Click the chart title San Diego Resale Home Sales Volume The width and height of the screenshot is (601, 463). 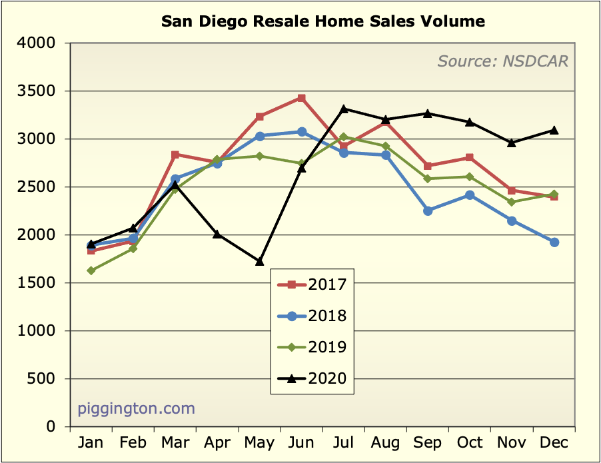click(x=323, y=21)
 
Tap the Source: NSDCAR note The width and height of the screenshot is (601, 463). click(x=503, y=61)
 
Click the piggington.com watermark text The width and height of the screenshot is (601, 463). click(x=137, y=408)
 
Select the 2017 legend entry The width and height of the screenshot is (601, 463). click(x=312, y=284)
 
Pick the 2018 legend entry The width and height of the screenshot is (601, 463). click(x=312, y=316)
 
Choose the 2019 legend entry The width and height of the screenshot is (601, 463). click(x=312, y=347)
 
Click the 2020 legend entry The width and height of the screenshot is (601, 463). click(x=312, y=378)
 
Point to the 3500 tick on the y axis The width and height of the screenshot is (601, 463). click(x=45, y=91)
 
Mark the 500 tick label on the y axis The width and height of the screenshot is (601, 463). click(x=49, y=379)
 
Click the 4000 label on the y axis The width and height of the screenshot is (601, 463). click(x=45, y=43)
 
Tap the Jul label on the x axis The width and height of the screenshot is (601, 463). click(x=344, y=443)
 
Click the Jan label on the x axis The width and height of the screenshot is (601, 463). click(x=91, y=443)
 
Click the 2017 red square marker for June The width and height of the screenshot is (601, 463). click(x=302, y=98)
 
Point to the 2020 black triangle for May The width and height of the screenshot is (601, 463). click(x=259, y=261)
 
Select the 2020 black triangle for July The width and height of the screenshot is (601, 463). click(x=344, y=109)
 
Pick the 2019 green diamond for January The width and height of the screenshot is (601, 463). click(x=91, y=270)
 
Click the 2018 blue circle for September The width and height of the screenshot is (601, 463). click(x=428, y=211)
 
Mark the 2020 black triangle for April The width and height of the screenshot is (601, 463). click(x=217, y=234)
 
